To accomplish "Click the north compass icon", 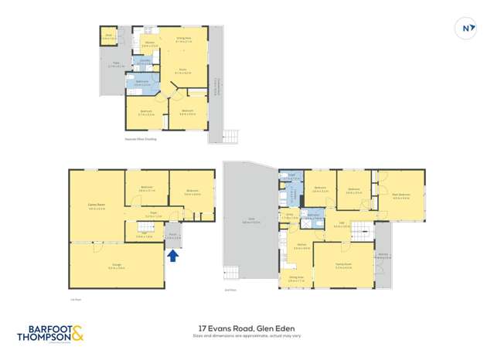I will (466, 29).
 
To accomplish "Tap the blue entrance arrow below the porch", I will (172, 254).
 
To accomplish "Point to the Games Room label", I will (96, 205).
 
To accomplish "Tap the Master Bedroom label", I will (400, 196).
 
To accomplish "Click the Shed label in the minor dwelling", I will (110, 34).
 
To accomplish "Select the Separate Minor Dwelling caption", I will (140, 140).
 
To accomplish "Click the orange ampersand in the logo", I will (77, 335).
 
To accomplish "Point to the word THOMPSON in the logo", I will (44, 338).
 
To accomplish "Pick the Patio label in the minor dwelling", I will (114, 65).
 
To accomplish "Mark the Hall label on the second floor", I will (342, 223).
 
